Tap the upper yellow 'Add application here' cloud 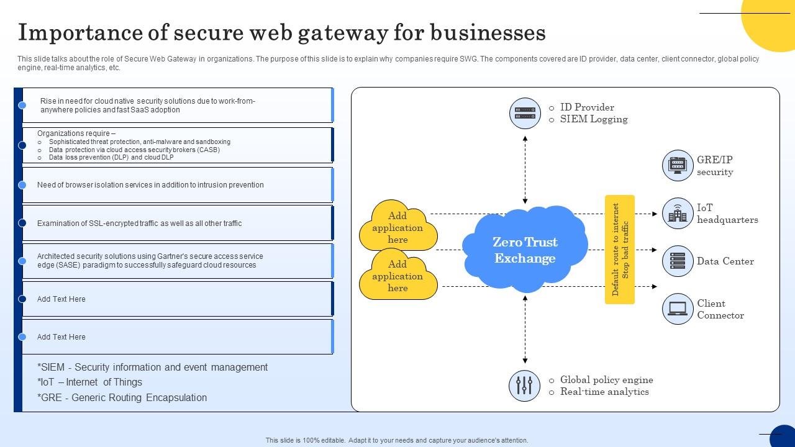tap(397, 227)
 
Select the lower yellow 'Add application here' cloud tap(397, 276)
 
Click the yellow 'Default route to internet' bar tap(620, 250)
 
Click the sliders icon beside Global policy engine tap(524, 385)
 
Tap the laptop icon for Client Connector tap(677, 309)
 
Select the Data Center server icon tap(677, 261)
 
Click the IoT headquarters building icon tap(677, 214)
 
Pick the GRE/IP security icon tap(677, 166)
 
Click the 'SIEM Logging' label tap(593, 119)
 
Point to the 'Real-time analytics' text tap(604, 392)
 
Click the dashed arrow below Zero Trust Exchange tap(525, 330)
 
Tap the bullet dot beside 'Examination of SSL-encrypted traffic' tap(22, 223)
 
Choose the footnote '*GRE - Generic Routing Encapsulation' tap(122, 397)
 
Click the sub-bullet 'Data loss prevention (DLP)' tap(111, 158)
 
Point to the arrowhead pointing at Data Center tap(655, 250)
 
